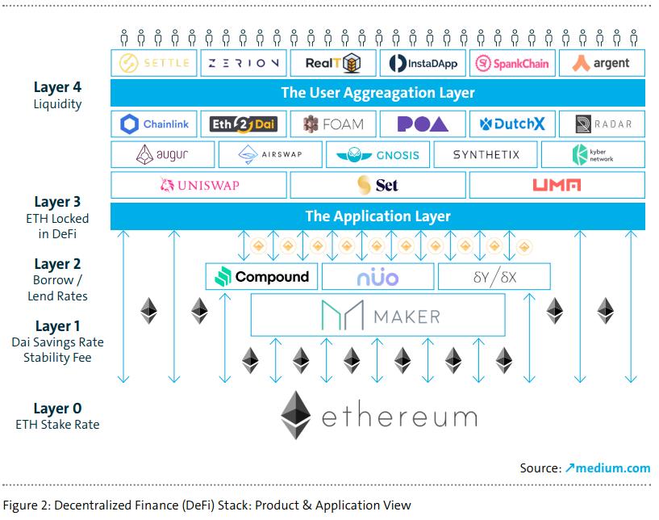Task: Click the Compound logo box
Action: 262,277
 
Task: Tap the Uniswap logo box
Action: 199,186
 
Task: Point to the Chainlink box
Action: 153,124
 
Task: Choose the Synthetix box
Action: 486,154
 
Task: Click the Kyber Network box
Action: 593,154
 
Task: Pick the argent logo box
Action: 601,63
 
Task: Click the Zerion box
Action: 243,63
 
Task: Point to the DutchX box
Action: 512,124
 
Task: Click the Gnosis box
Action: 377,154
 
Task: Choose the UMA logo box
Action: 557,186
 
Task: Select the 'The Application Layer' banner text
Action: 377,216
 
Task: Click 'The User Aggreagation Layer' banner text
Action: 377,93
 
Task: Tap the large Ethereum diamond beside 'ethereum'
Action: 296,416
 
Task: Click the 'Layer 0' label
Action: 57,409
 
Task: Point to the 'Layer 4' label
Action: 57,87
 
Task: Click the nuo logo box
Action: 377,277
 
